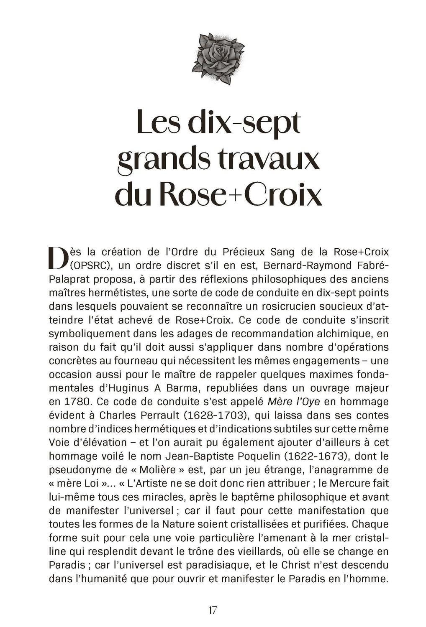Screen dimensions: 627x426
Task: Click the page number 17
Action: click(x=213, y=610)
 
